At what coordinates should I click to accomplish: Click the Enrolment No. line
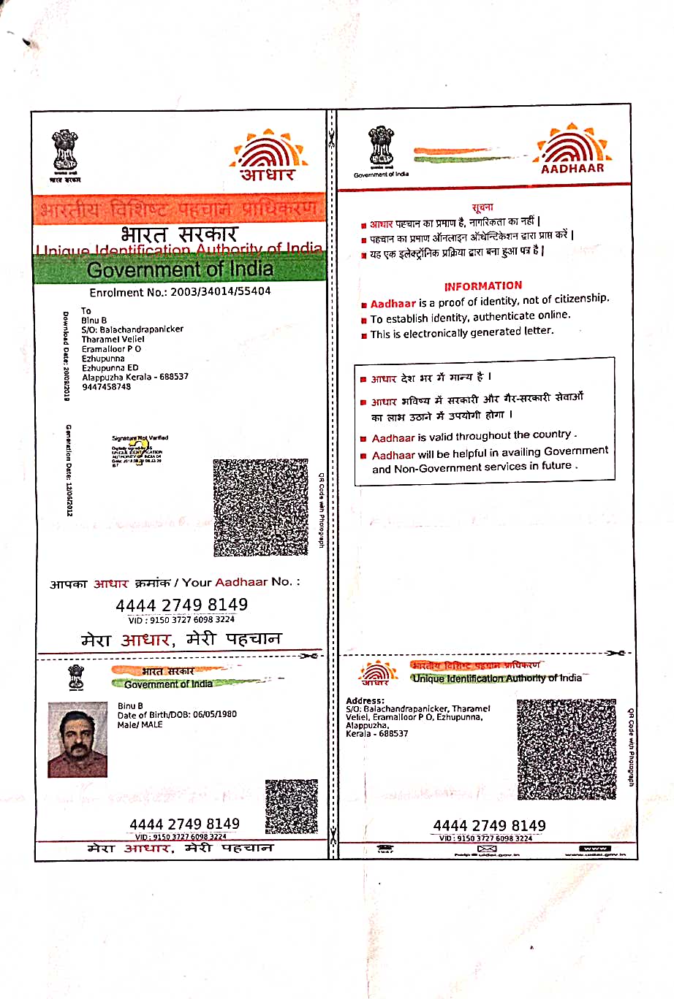pyautogui.click(x=180, y=291)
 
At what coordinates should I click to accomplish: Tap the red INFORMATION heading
pyautogui.click(x=482, y=286)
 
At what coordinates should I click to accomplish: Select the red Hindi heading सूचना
pyautogui.click(x=482, y=207)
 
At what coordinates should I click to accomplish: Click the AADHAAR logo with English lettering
pyautogui.click(x=572, y=149)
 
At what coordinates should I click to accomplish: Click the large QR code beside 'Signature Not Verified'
pyautogui.click(x=260, y=507)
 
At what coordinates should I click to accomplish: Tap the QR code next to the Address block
pyautogui.click(x=567, y=749)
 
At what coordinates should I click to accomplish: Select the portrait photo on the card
pyautogui.click(x=77, y=739)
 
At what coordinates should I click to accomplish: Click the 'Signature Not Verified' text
pyautogui.click(x=140, y=438)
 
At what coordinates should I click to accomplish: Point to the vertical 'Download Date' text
pyautogui.click(x=66, y=356)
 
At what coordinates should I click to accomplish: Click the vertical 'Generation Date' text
pyautogui.click(x=69, y=470)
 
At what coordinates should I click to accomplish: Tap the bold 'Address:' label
pyautogui.click(x=365, y=701)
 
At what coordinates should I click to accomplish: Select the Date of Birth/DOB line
pyautogui.click(x=177, y=714)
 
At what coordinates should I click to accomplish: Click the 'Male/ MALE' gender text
pyautogui.click(x=140, y=724)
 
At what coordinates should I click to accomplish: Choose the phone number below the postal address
pyautogui.click(x=107, y=386)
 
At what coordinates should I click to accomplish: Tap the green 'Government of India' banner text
pyautogui.click(x=180, y=269)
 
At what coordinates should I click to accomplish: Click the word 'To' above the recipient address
pyautogui.click(x=86, y=311)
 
